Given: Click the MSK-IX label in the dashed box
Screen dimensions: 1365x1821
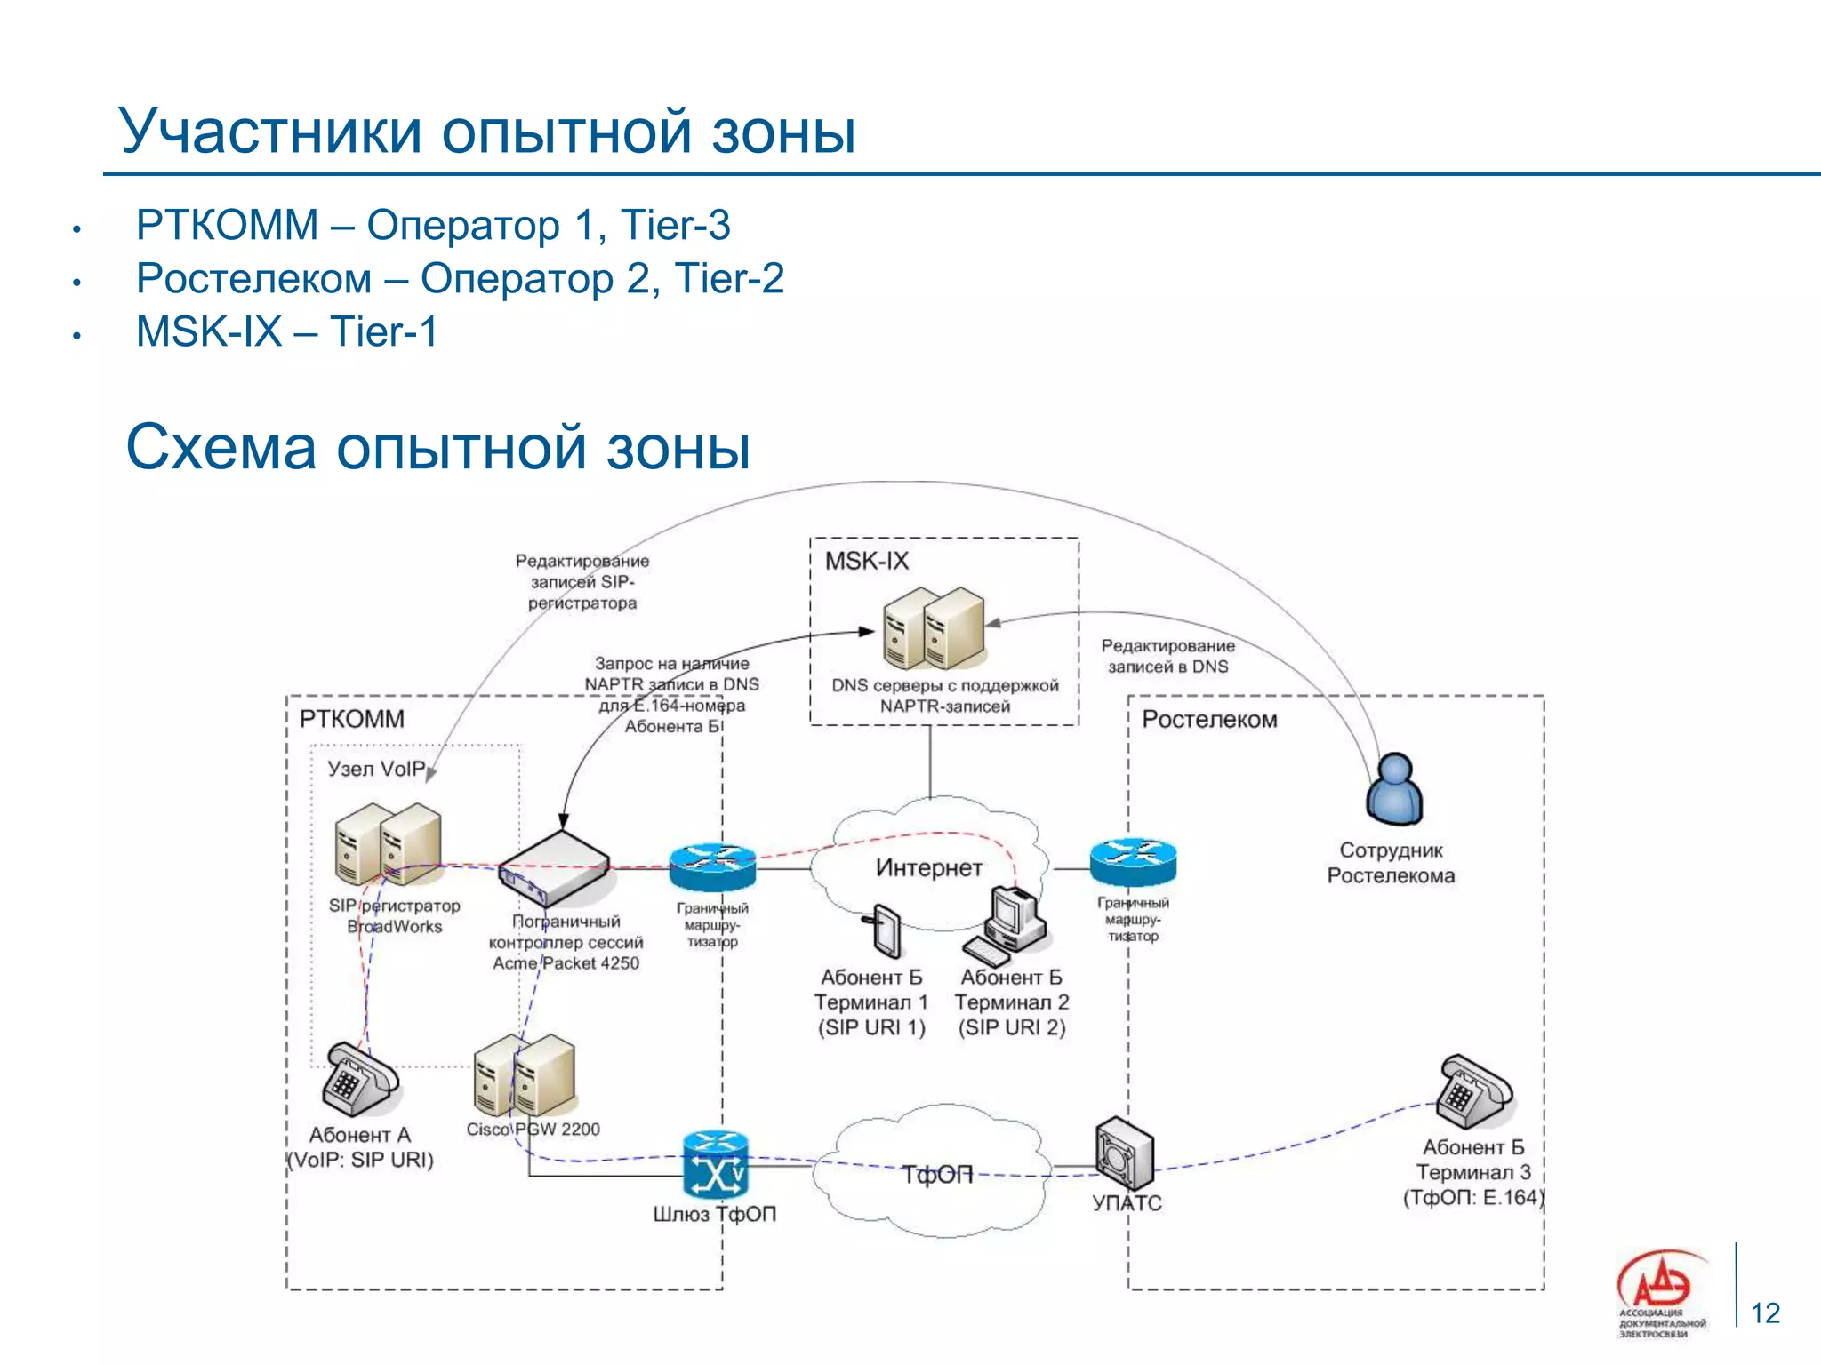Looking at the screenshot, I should [x=866, y=561].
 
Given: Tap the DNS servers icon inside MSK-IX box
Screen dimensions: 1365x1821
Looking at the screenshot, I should [x=934, y=628].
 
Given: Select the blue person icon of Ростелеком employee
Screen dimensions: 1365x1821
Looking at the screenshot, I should [x=1394, y=789].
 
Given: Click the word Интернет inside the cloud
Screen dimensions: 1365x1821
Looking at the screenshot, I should [x=928, y=867].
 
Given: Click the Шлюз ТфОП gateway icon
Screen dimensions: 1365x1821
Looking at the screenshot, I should [x=715, y=1165].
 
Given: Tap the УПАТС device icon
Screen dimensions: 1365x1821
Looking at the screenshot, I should [x=1124, y=1153].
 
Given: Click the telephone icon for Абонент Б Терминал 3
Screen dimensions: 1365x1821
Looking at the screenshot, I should [x=1474, y=1093].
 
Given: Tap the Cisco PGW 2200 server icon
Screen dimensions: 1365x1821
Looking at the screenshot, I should [x=525, y=1074].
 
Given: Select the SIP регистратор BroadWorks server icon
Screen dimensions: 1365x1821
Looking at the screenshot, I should [x=388, y=844].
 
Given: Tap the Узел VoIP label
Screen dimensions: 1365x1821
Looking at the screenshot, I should [x=375, y=769].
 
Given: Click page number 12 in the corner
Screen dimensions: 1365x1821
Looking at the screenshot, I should [x=1765, y=1313].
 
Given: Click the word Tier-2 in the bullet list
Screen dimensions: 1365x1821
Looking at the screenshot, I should [x=729, y=278].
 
